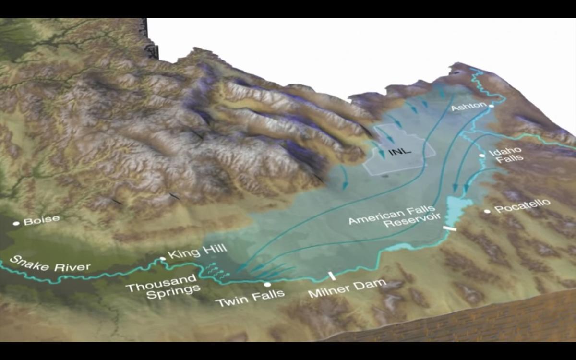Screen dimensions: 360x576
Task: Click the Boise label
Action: point(42,220)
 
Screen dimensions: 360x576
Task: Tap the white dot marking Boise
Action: point(16,223)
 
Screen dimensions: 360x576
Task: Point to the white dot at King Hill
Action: point(163,259)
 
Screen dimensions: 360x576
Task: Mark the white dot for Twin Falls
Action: point(267,285)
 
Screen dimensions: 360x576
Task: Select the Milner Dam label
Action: point(347,288)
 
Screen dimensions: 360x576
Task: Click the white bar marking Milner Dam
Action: point(331,276)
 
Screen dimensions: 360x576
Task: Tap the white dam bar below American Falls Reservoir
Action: point(450,228)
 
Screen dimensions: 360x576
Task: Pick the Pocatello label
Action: point(522,206)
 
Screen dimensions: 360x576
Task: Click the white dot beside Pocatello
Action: point(487,211)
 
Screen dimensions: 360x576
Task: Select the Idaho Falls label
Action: point(505,155)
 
